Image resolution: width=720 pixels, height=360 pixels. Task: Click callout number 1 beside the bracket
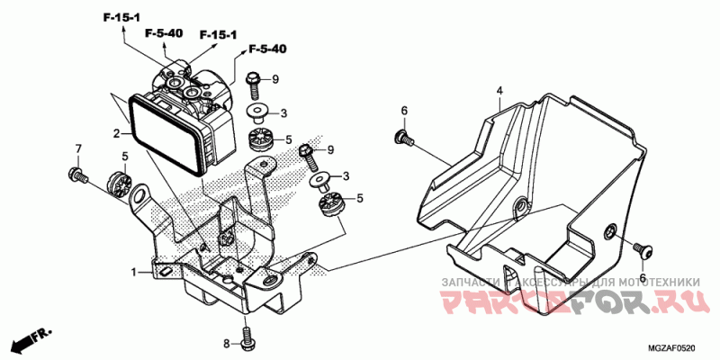tap(134, 271)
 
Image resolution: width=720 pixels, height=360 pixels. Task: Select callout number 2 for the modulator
tap(116, 135)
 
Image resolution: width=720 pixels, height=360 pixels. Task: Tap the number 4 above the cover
tap(499, 90)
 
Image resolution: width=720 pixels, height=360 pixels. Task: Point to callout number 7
tap(78, 148)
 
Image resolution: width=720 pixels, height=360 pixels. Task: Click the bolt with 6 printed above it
tap(402, 139)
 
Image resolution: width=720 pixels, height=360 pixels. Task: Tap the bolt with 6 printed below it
tap(643, 247)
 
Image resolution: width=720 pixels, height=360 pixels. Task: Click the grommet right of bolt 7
tap(116, 181)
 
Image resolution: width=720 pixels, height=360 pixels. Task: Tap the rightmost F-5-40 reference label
tap(267, 49)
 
